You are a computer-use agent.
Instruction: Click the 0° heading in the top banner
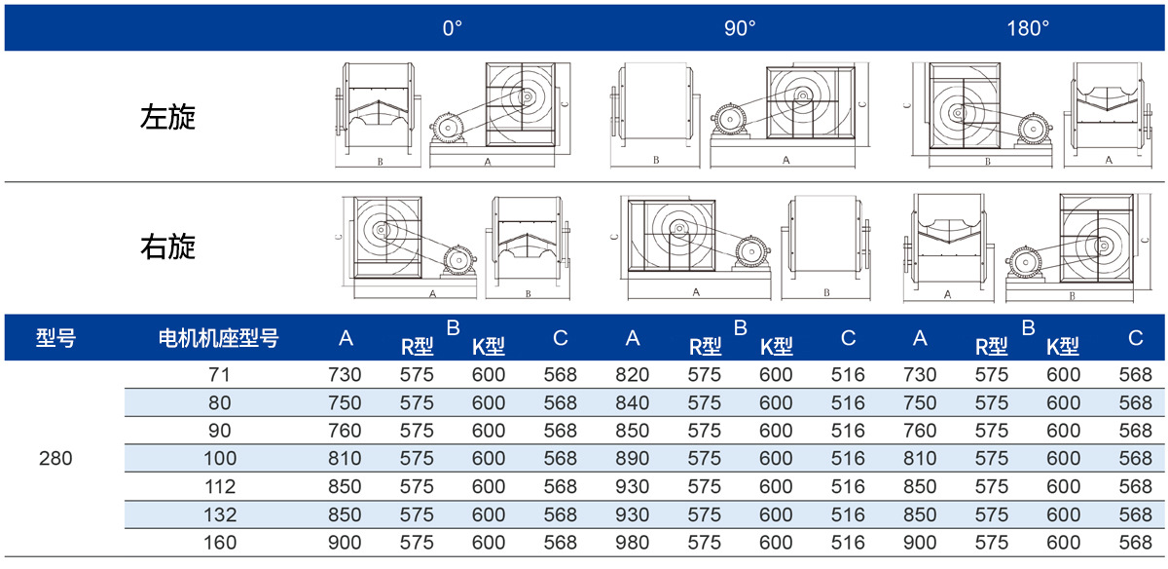click(x=452, y=28)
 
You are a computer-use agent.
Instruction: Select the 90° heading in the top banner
click(x=740, y=28)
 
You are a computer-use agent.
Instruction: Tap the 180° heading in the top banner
click(x=1028, y=28)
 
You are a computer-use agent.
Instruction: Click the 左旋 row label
click(x=167, y=117)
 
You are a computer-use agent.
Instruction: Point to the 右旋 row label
click(x=167, y=247)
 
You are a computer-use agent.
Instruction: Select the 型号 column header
click(x=55, y=338)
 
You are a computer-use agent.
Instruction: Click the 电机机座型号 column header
click(x=218, y=338)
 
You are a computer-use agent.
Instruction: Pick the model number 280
click(x=55, y=458)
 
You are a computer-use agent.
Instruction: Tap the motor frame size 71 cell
click(x=219, y=374)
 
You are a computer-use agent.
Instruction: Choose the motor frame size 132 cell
click(x=220, y=514)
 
